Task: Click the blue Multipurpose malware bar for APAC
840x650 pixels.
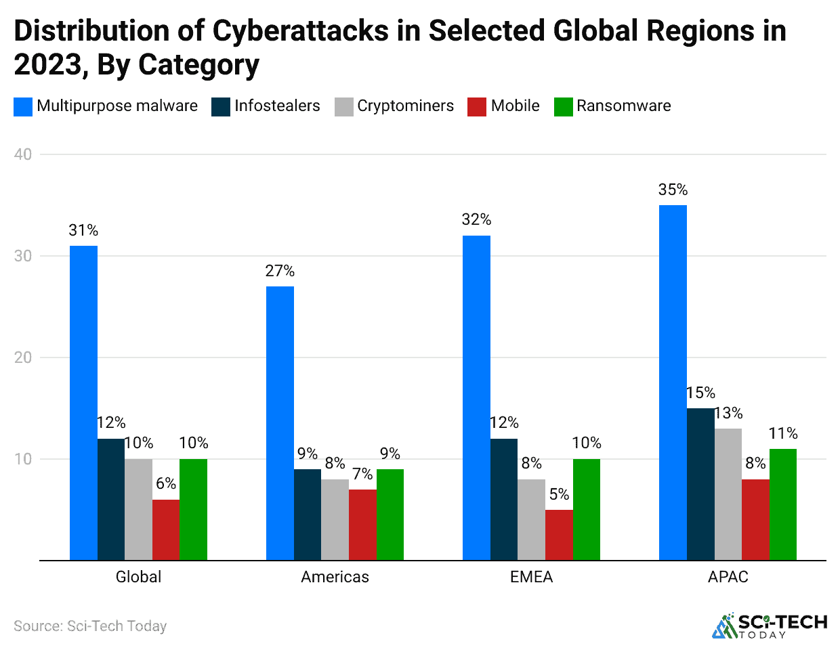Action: (x=673, y=383)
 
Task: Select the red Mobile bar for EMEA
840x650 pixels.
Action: (x=559, y=535)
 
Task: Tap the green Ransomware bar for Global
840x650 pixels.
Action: (x=193, y=509)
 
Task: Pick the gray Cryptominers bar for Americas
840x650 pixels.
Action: (x=335, y=519)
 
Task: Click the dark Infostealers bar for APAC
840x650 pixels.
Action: (x=700, y=484)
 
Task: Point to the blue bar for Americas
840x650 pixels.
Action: (x=280, y=423)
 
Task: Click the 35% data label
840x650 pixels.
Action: (x=673, y=190)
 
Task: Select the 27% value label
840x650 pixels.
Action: (x=280, y=272)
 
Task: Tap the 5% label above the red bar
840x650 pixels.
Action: (x=559, y=495)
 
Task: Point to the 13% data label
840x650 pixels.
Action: (x=728, y=414)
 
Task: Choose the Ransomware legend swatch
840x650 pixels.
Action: (x=563, y=107)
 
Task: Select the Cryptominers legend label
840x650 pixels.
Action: (x=405, y=106)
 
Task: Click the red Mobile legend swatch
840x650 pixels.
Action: (x=477, y=107)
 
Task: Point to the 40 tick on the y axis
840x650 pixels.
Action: (x=23, y=154)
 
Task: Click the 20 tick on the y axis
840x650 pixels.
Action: (x=23, y=357)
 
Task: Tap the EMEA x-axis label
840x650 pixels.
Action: (x=531, y=578)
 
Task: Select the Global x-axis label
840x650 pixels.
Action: (x=138, y=578)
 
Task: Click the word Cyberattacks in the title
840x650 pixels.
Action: (x=301, y=31)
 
